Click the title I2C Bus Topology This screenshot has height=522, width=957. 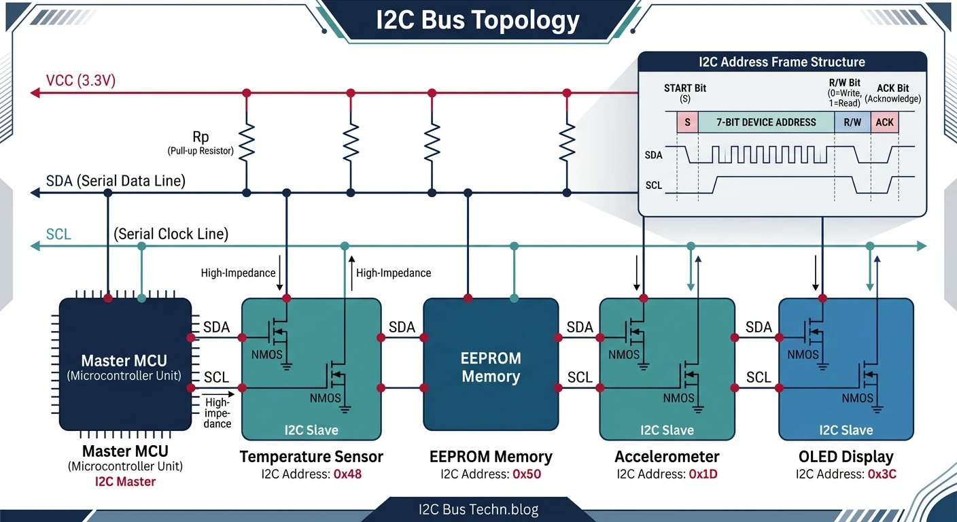pyautogui.click(x=478, y=20)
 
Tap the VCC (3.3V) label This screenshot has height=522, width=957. pyautogui.click(x=81, y=81)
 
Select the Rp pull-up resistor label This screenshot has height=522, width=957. pyautogui.click(x=201, y=137)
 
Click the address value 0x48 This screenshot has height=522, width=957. pyautogui.click(x=347, y=474)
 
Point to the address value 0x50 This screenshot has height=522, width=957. pyautogui.click(x=527, y=474)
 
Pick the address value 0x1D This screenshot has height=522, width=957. pyautogui.click(x=703, y=474)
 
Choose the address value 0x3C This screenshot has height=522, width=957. pyautogui.click(x=882, y=474)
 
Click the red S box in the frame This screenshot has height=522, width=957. pyautogui.click(x=687, y=122)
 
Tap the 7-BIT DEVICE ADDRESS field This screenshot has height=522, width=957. pyautogui.click(x=766, y=122)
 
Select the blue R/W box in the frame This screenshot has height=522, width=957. pyautogui.click(x=852, y=122)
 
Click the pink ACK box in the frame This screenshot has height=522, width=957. pyautogui.click(x=884, y=122)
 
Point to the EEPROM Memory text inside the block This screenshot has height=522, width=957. pyautogui.click(x=491, y=367)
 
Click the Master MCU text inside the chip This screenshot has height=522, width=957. pyautogui.click(x=124, y=361)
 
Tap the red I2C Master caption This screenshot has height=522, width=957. pyautogui.click(x=125, y=482)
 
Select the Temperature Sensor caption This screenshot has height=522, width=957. pyautogui.click(x=311, y=457)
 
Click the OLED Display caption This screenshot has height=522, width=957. pyautogui.click(x=846, y=457)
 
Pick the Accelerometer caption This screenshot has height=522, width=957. pyautogui.click(x=667, y=457)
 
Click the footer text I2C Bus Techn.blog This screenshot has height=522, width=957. pyautogui.click(x=478, y=508)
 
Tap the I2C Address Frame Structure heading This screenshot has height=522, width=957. pyautogui.click(x=782, y=62)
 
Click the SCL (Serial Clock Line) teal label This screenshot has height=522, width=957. pyautogui.click(x=58, y=234)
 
